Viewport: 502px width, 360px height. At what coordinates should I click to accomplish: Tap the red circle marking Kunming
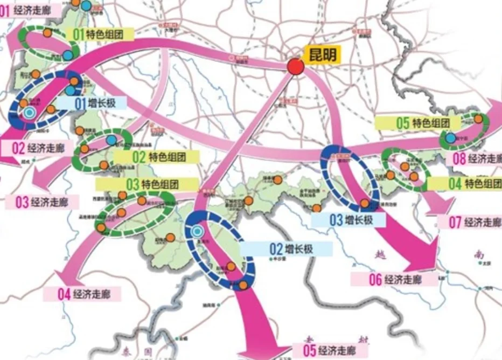295,67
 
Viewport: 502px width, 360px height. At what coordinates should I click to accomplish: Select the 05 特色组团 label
422,122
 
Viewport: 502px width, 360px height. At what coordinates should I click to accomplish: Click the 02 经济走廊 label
38,148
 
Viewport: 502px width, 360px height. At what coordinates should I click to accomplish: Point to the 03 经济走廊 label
41,203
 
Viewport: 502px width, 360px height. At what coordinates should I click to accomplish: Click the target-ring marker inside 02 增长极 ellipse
198,232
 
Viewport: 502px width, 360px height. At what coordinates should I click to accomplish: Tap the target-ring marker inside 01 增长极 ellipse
29,112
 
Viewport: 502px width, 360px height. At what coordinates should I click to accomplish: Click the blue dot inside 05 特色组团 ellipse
450,139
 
